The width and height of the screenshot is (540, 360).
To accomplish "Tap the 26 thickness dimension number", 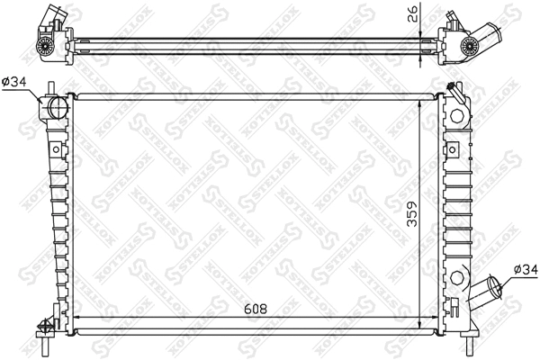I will tap(413, 14).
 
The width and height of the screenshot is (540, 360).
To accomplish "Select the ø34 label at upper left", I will tap(16, 82).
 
